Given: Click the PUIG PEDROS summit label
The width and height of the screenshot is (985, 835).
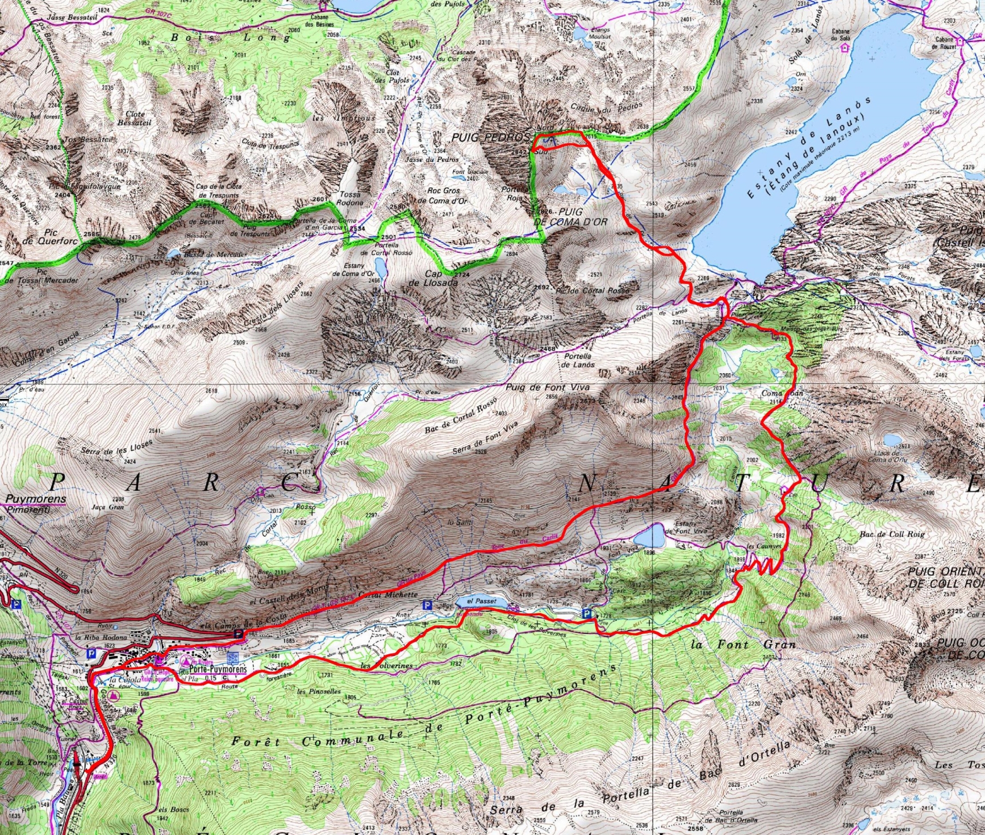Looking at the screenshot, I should [x=490, y=137].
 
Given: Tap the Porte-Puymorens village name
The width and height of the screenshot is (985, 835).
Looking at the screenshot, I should [x=219, y=669].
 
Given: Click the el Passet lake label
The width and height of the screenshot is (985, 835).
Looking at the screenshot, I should [x=482, y=601].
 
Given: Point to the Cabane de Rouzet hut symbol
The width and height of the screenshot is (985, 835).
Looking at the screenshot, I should [x=960, y=41].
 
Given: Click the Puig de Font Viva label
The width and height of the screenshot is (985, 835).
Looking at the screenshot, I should [x=548, y=387].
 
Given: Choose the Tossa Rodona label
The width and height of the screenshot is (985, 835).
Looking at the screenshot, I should [x=350, y=198].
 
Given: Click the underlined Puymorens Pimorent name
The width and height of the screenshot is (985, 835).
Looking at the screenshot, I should [x=35, y=504].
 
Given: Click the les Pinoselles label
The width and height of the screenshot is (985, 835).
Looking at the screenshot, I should [x=319, y=691].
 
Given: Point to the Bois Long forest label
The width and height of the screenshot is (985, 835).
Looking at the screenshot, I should [x=231, y=37].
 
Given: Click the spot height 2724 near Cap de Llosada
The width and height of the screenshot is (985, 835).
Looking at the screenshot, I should [x=461, y=274].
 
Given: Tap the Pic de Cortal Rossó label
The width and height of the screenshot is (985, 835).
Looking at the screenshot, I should [x=593, y=290].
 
